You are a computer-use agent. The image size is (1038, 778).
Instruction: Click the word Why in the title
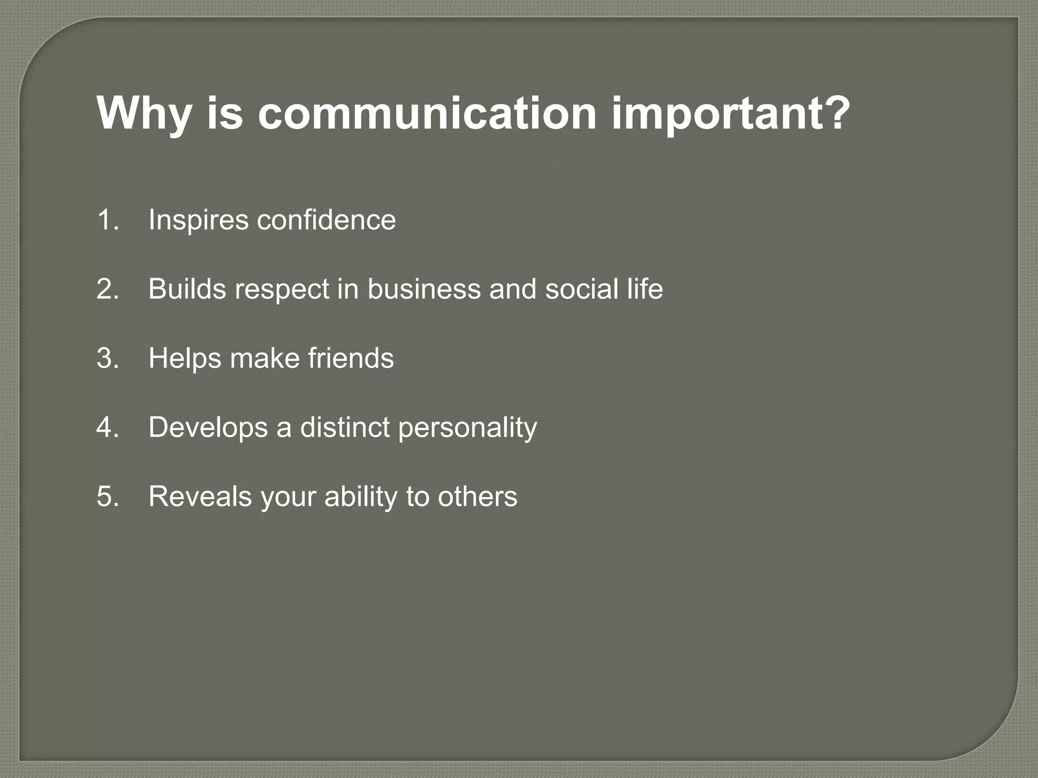pos(143,113)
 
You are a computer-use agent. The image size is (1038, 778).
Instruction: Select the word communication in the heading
pos(427,113)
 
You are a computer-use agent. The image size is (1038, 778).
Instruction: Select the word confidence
pos(326,220)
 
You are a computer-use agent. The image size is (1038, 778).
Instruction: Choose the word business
pos(424,289)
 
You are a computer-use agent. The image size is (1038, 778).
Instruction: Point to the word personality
pos(467,428)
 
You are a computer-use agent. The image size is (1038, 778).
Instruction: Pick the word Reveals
pos(200,496)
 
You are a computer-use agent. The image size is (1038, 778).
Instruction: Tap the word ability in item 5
pos(361,497)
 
